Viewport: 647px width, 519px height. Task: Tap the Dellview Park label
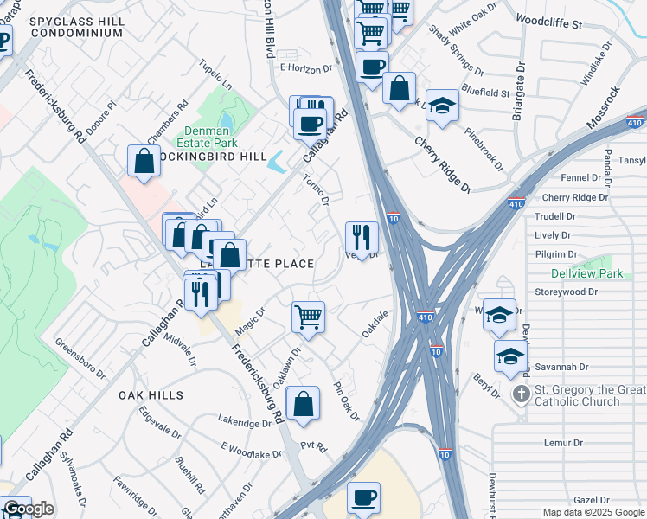tap(586, 273)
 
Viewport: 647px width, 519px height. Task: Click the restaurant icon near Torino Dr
tap(362, 237)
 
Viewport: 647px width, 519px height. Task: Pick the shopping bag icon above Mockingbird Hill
tap(143, 161)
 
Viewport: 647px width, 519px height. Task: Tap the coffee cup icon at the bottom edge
tap(363, 498)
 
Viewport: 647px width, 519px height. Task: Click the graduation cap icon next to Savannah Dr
tap(510, 356)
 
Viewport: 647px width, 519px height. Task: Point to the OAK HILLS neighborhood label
tap(151, 394)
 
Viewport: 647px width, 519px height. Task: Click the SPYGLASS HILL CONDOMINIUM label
tap(76, 26)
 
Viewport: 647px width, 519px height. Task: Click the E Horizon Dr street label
tap(306, 68)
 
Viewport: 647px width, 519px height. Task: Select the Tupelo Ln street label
tap(216, 74)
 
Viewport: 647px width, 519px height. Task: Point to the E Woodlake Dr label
tap(252, 451)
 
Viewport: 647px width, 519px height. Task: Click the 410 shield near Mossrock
tap(634, 124)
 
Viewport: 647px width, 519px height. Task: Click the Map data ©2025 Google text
tap(593, 512)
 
